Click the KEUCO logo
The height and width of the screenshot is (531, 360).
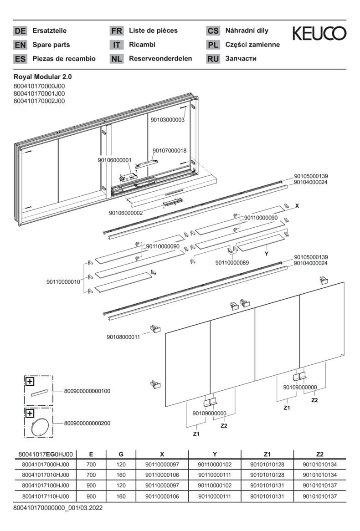click(319, 33)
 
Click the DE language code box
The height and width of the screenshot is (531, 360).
click(20, 31)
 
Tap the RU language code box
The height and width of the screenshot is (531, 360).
click(213, 59)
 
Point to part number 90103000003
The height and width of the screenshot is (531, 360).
click(168, 120)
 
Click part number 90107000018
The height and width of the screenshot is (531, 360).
click(170, 150)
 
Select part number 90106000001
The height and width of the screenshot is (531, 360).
click(114, 160)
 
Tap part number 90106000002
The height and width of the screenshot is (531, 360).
click(126, 213)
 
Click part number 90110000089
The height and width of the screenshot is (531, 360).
click(232, 262)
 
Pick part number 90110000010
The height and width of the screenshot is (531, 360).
click(63, 282)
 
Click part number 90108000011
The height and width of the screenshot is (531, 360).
click(123, 337)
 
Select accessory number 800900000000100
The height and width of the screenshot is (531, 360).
click(87, 391)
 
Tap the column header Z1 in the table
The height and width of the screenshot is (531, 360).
click(267, 454)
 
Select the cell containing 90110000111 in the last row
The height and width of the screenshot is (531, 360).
click(215, 495)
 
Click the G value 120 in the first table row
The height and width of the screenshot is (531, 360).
click(121, 464)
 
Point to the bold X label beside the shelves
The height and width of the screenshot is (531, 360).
click(297, 206)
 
